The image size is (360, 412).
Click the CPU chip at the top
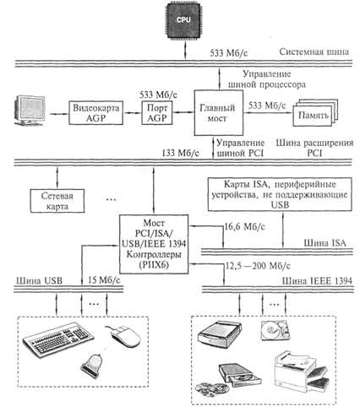(x=183, y=19)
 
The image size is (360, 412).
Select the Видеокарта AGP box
(x=95, y=113)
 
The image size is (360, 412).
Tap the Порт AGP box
(x=157, y=112)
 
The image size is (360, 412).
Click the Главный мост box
(x=218, y=112)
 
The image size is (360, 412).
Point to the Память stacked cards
(x=314, y=113)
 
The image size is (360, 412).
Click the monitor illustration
(x=30, y=111)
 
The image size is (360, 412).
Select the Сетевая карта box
(x=57, y=201)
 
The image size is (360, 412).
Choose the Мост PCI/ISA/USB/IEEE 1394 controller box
(x=154, y=244)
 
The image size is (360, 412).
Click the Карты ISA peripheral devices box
(x=280, y=194)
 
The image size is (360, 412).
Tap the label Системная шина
(x=314, y=51)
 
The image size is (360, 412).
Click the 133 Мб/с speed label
(x=180, y=153)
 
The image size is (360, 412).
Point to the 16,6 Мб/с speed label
(x=244, y=226)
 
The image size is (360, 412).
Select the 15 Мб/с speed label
(x=104, y=280)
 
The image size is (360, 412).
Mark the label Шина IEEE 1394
(x=317, y=280)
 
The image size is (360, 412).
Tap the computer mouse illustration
(x=123, y=336)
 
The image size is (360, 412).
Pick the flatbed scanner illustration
(x=220, y=334)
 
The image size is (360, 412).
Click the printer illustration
(x=302, y=371)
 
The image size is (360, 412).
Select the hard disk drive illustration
(x=275, y=330)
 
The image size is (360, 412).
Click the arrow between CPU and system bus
(x=185, y=50)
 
